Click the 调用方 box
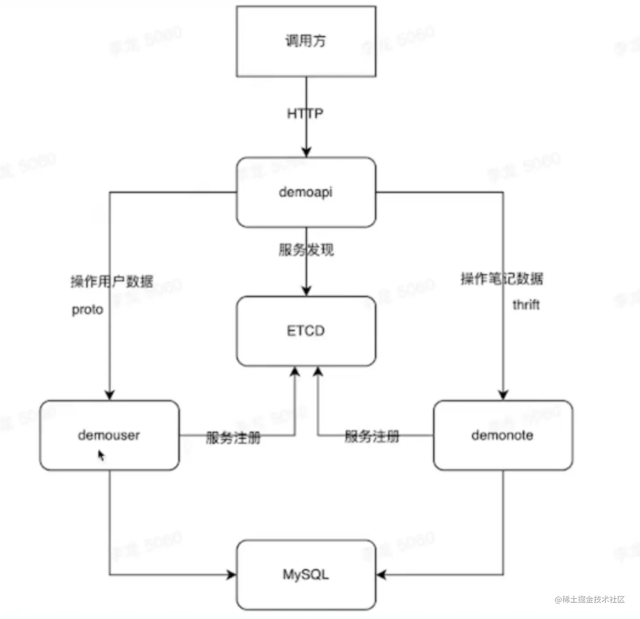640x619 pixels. point(306,42)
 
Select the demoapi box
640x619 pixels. point(306,192)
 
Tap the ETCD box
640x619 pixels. point(306,331)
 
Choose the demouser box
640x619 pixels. point(109,435)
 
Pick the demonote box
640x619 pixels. point(502,435)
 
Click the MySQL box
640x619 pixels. point(306,574)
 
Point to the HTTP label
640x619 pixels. point(305,114)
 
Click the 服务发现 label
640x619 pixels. point(306,250)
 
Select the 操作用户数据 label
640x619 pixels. point(112,281)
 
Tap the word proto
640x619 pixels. point(87,309)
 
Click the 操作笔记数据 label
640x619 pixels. point(502,278)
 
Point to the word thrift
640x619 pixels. point(526,305)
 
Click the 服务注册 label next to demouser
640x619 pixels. point(233,437)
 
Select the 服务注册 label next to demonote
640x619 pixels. point(372,436)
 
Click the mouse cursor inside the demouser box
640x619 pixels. point(101,455)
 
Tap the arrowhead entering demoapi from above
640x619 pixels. point(306,152)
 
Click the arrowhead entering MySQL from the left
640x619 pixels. point(231,574)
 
